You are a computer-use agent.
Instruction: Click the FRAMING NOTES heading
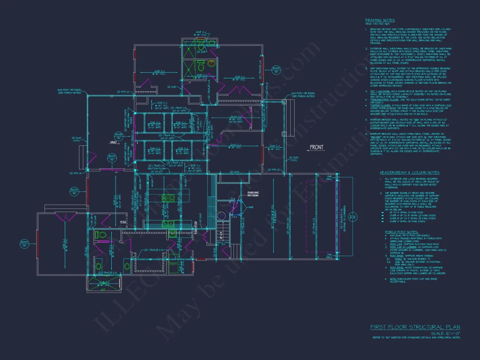pos(380,20)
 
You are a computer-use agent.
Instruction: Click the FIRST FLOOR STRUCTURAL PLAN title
pos(415,327)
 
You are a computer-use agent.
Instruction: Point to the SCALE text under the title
pos(445,333)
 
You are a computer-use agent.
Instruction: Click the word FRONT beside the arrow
pos(317,147)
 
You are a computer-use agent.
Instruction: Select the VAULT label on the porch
pos(113,142)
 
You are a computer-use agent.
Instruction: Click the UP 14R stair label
pos(222,236)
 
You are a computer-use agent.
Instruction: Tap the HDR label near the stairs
pos(251,207)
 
